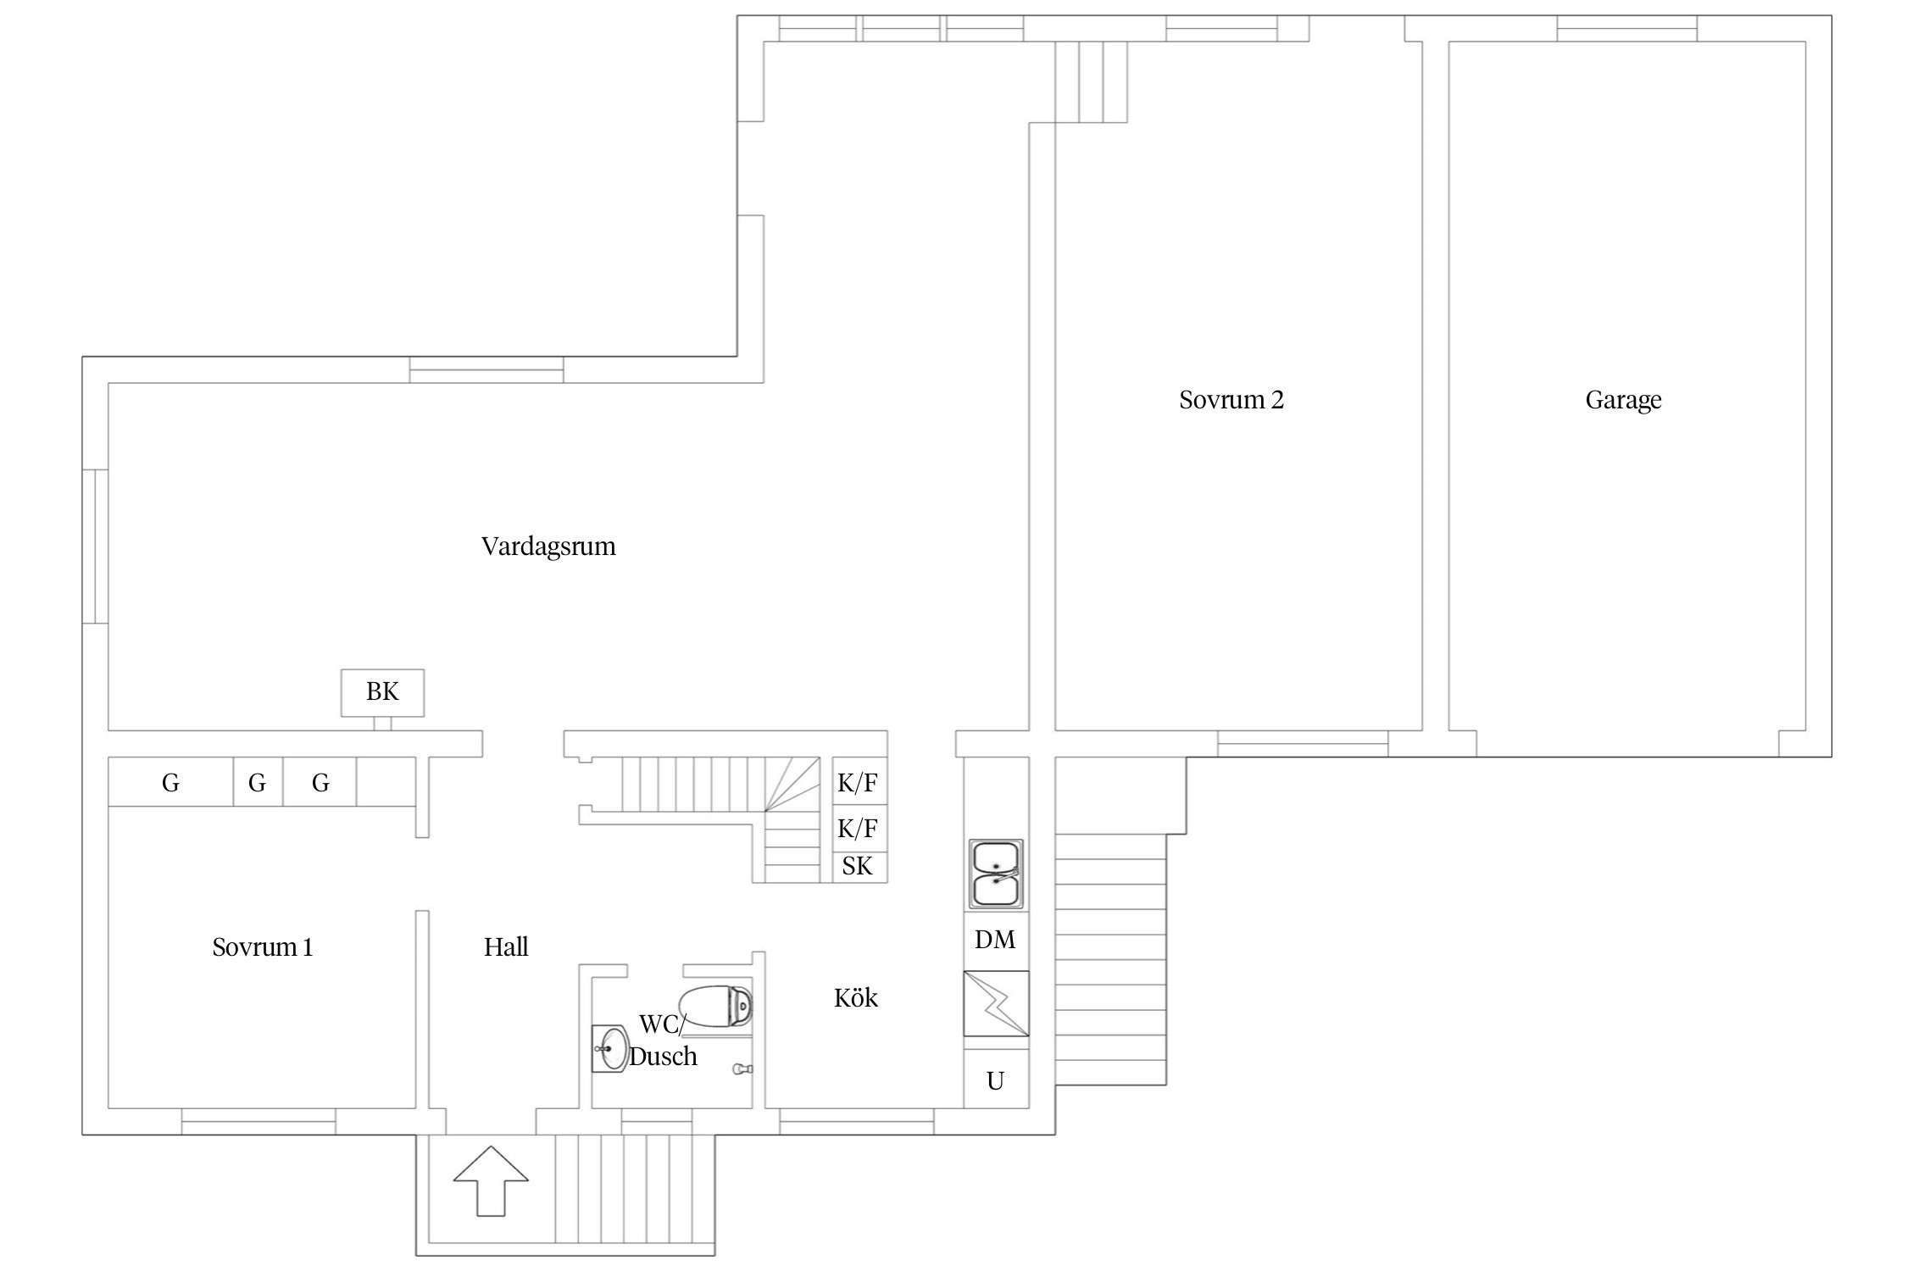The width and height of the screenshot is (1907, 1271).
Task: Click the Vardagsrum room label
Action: click(x=548, y=547)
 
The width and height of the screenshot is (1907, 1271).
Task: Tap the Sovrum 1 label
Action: click(x=263, y=947)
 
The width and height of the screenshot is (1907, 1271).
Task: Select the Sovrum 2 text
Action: click(x=1231, y=400)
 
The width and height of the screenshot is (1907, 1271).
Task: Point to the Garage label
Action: click(x=1623, y=401)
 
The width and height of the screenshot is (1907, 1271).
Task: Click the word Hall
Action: click(x=506, y=947)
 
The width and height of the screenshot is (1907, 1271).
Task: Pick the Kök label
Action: click(x=856, y=998)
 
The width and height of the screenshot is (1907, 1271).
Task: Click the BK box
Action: click(x=382, y=692)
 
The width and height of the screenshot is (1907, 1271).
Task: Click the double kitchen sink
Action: click(x=996, y=874)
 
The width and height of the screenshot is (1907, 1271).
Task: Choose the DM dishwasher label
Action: click(x=995, y=940)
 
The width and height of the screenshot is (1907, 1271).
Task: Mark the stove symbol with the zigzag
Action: click(x=996, y=1003)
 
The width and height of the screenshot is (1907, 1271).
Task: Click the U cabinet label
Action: click(x=996, y=1081)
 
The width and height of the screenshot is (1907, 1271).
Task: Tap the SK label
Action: click(x=858, y=866)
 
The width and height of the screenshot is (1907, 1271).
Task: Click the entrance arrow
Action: click(x=491, y=1180)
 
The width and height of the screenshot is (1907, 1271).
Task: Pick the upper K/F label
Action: click(x=858, y=784)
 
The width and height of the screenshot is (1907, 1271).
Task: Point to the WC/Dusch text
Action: click(x=663, y=1041)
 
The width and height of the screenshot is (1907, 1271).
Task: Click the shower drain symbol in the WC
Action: click(x=742, y=1070)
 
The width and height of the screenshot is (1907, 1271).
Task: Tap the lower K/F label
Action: click(x=858, y=828)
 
